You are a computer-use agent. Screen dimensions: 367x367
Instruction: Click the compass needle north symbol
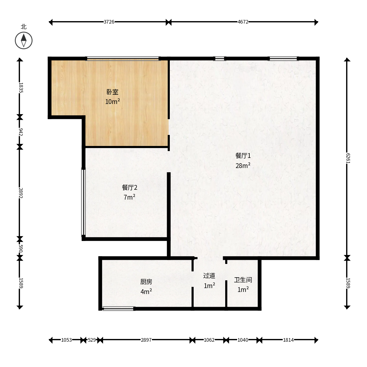[24, 41]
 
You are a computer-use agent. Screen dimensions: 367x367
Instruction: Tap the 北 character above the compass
[24, 27]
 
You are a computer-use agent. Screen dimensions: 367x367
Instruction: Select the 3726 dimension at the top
[109, 22]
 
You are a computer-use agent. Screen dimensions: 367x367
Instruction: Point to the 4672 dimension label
[243, 22]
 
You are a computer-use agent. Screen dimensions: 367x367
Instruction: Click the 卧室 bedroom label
[112, 92]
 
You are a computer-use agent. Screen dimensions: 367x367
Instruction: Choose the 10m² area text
[113, 101]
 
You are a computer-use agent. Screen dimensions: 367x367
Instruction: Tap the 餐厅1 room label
[243, 156]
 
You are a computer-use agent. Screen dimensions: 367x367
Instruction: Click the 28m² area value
[243, 166]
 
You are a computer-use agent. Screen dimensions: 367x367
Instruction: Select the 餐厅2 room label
[130, 188]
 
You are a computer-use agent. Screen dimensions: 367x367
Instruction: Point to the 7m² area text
[130, 197]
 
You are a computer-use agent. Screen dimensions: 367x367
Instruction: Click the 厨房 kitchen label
[146, 282]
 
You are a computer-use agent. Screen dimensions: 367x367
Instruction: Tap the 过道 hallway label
[209, 276]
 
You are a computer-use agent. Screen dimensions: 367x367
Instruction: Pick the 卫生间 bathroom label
[243, 280]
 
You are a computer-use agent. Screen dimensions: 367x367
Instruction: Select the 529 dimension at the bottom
[92, 340]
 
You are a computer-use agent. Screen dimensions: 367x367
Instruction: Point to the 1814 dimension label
[288, 340]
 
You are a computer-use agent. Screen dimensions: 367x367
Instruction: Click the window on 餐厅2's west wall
[83, 202]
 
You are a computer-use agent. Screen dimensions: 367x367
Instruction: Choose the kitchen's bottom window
[119, 308]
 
